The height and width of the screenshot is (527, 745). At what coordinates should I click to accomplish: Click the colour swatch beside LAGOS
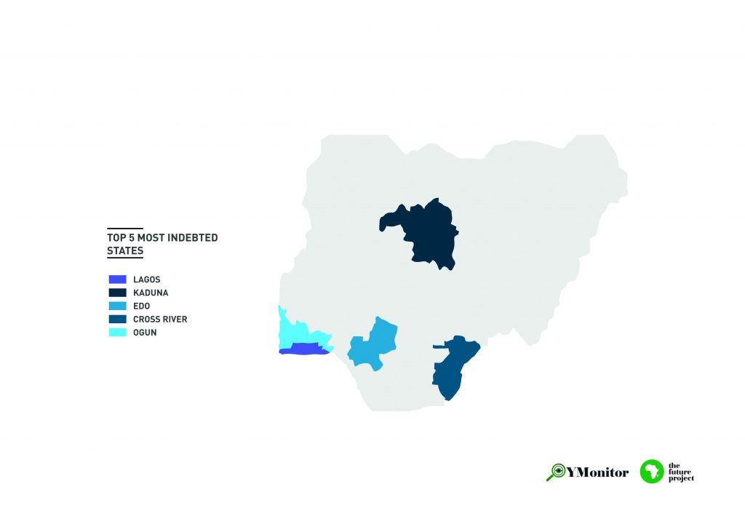tap(117, 280)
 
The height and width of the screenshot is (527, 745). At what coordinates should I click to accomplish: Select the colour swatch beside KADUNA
tap(117, 293)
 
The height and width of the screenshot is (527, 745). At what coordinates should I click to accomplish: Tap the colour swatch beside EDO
tap(117, 306)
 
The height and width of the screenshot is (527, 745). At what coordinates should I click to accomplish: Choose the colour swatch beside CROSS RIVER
tap(117, 319)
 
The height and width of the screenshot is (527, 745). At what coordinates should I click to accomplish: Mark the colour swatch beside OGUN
tap(117, 332)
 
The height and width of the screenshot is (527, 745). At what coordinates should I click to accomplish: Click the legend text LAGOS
tap(146, 280)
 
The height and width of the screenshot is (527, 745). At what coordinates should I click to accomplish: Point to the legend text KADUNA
tap(151, 293)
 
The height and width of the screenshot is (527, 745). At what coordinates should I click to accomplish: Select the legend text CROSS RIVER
tap(160, 319)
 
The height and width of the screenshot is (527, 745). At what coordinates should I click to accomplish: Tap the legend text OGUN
tap(145, 332)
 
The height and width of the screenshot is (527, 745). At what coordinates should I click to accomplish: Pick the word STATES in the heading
tap(125, 251)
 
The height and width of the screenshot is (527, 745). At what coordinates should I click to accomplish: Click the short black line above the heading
tap(125, 228)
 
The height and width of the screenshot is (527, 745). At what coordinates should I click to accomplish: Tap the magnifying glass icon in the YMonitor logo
tap(556, 472)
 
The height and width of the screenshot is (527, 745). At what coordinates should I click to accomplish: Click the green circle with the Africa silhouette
tap(652, 472)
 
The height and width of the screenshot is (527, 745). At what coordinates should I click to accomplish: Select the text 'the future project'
tap(681, 472)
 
